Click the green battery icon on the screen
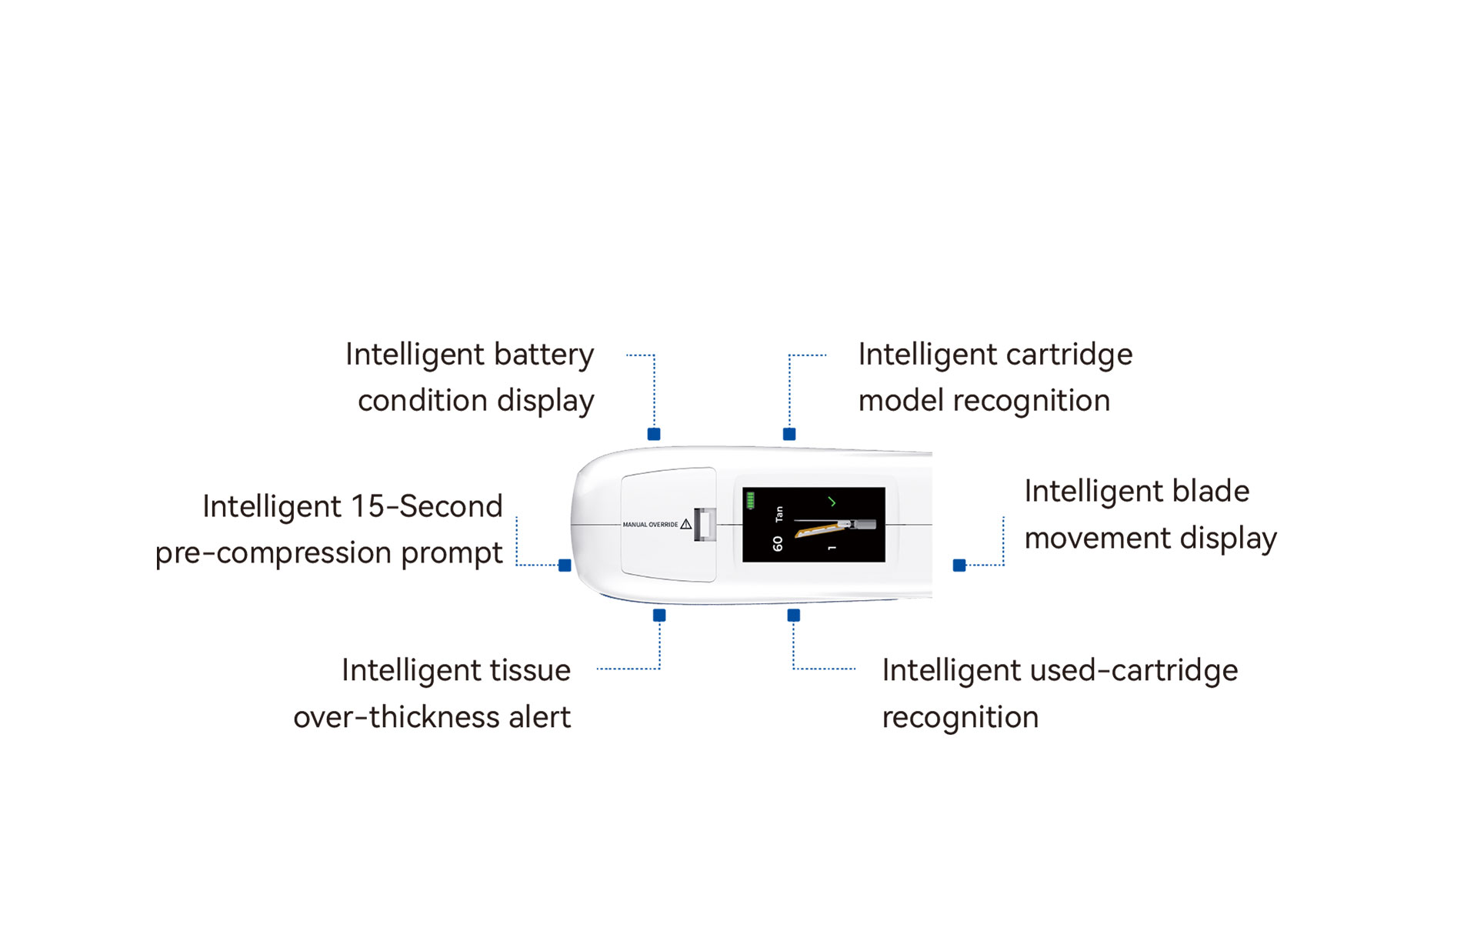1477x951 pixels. (x=750, y=501)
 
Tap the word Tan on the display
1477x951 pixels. (x=779, y=513)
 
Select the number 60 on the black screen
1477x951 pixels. (x=778, y=543)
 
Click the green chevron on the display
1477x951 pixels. (x=832, y=502)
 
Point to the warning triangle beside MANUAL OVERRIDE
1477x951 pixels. (x=686, y=524)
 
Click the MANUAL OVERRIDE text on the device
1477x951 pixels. (x=650, y=525)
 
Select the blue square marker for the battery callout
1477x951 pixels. (x=654, y=434)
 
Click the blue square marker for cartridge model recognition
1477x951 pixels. (x=789, y=434)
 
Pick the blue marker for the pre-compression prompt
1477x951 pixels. (x=565, y=566)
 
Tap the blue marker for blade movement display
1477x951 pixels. (x=959, y=566)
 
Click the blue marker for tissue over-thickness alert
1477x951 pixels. (x=659, y=616)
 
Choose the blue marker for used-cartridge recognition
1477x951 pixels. (x=794, y=616)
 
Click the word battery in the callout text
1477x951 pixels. (x=544, y=355)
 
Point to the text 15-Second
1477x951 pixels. (x=427, y=507)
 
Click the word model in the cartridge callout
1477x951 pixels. (x=902, y=401)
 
